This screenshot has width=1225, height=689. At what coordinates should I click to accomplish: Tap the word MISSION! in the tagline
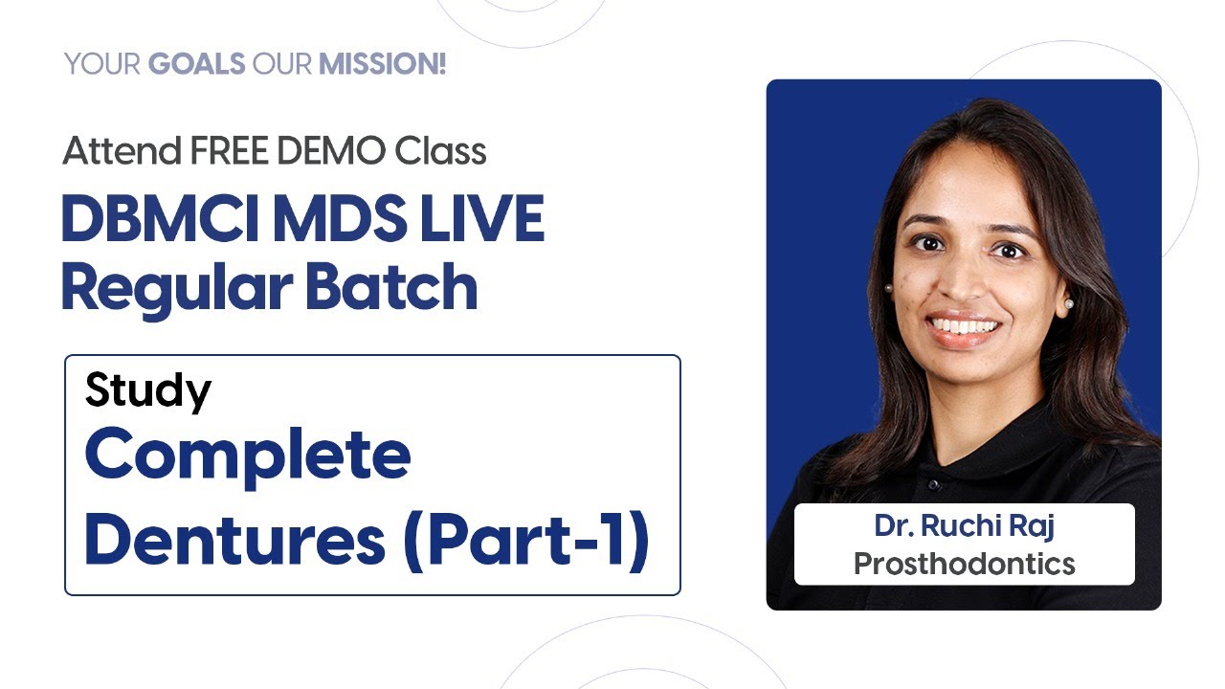pyautogui.click(x=382, y=65)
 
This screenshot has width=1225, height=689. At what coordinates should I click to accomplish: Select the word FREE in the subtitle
pyautogui.click(x=226, y=150)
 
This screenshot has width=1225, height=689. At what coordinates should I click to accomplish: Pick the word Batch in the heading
pyautogui.click(x=391, y=286)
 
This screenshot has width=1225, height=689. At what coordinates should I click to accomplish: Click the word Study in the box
pyautogui.click(x=147, y=390)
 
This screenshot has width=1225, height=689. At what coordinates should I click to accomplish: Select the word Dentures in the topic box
pyautogui.click(x=234, y=540)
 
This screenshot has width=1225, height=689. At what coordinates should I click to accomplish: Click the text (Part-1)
pyautogui.click(x=525, y=542)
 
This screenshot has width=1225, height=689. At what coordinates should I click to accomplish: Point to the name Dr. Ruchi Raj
pyautogui.click(x=964, y=526)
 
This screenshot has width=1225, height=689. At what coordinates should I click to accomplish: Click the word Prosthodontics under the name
pyautogui.click(x=964, y=564)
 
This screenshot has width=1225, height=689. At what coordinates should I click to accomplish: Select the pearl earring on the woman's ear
pyautogui.click(x=1069, y=303)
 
